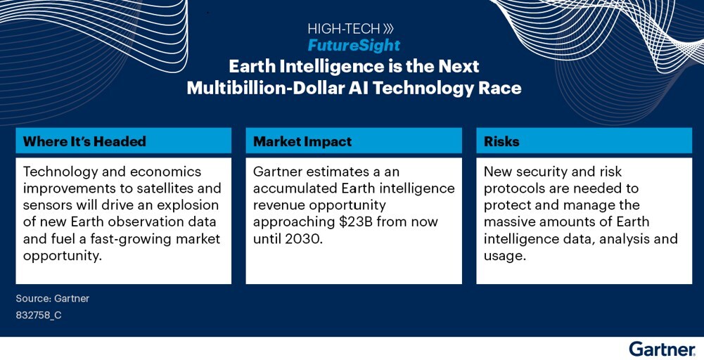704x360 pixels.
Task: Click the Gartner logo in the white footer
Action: point(663,349)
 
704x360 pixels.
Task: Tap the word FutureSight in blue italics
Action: point(353,45)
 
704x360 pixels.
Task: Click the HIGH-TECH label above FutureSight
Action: point(344,29)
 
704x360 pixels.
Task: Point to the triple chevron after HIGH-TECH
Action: point(388,29)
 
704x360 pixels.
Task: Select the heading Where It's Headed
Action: point(84,141)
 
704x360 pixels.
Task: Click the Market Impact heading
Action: point(302,141)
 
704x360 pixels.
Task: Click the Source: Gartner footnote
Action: point(53,299)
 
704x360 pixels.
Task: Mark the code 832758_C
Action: point(39,316)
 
